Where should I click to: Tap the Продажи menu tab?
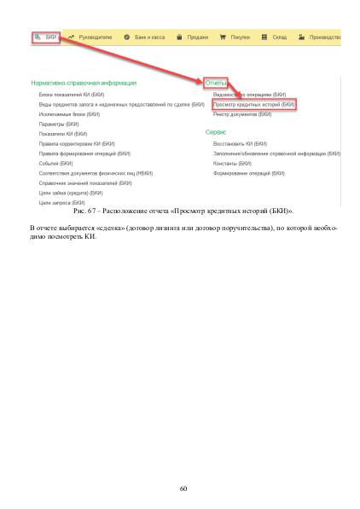tap(195, 38)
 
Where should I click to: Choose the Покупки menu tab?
tap(239, 38)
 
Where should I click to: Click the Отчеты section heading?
tap(216, 83)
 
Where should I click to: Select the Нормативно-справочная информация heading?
tap(83, 83)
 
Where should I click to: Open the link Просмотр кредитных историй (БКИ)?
tap(253, 103)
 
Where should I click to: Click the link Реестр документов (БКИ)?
tap(241, 113)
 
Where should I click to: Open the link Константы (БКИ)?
tap(232, 162)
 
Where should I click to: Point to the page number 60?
tap(183, 489)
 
